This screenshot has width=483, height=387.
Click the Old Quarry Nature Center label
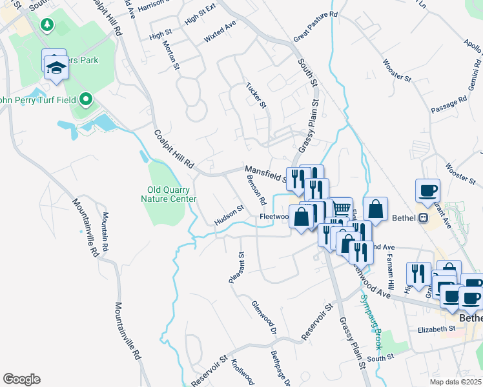[x=169, y=194]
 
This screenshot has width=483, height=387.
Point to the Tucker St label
[x=256, y=95]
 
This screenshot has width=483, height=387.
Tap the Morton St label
[x=170, y=54]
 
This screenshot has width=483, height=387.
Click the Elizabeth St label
[x=436, y=329]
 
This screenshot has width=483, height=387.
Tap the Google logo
[x=21, y=379]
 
